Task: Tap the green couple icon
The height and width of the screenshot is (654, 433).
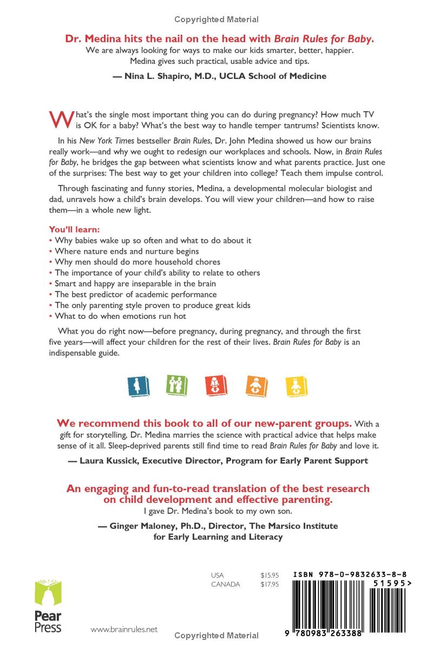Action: (173, 384)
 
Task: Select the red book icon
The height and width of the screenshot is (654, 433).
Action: (216, 384)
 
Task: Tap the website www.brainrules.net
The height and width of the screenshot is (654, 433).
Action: (124, 629)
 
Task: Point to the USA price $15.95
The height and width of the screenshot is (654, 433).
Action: (269, 575)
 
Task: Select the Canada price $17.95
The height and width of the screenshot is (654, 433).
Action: (269, 584)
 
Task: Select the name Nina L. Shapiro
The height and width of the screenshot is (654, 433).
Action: (158, 76)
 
